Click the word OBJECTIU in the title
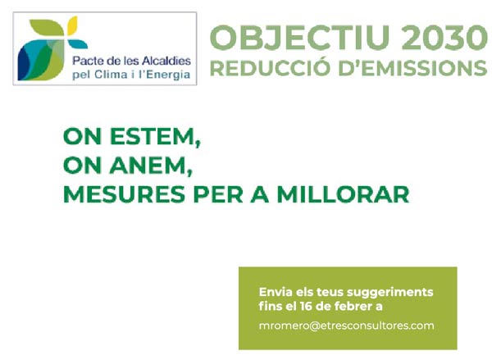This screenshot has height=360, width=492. click(299, 38)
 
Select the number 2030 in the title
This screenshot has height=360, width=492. click(444, 38)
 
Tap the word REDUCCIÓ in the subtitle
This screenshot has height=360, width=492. click(270, 67)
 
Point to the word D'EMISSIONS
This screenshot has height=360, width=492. click(413, 68)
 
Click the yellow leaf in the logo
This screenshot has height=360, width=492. click(72, 25)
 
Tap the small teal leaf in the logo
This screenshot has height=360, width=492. click(77, 44)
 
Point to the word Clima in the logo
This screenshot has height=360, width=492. click(111, 75)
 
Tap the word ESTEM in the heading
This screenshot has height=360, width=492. click(155, 137)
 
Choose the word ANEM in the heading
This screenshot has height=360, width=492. click(151, 166)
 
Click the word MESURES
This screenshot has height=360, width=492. click(125, 194)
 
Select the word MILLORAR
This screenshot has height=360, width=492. click(343, 194)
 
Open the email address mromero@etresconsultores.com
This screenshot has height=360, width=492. click(346, 326)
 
